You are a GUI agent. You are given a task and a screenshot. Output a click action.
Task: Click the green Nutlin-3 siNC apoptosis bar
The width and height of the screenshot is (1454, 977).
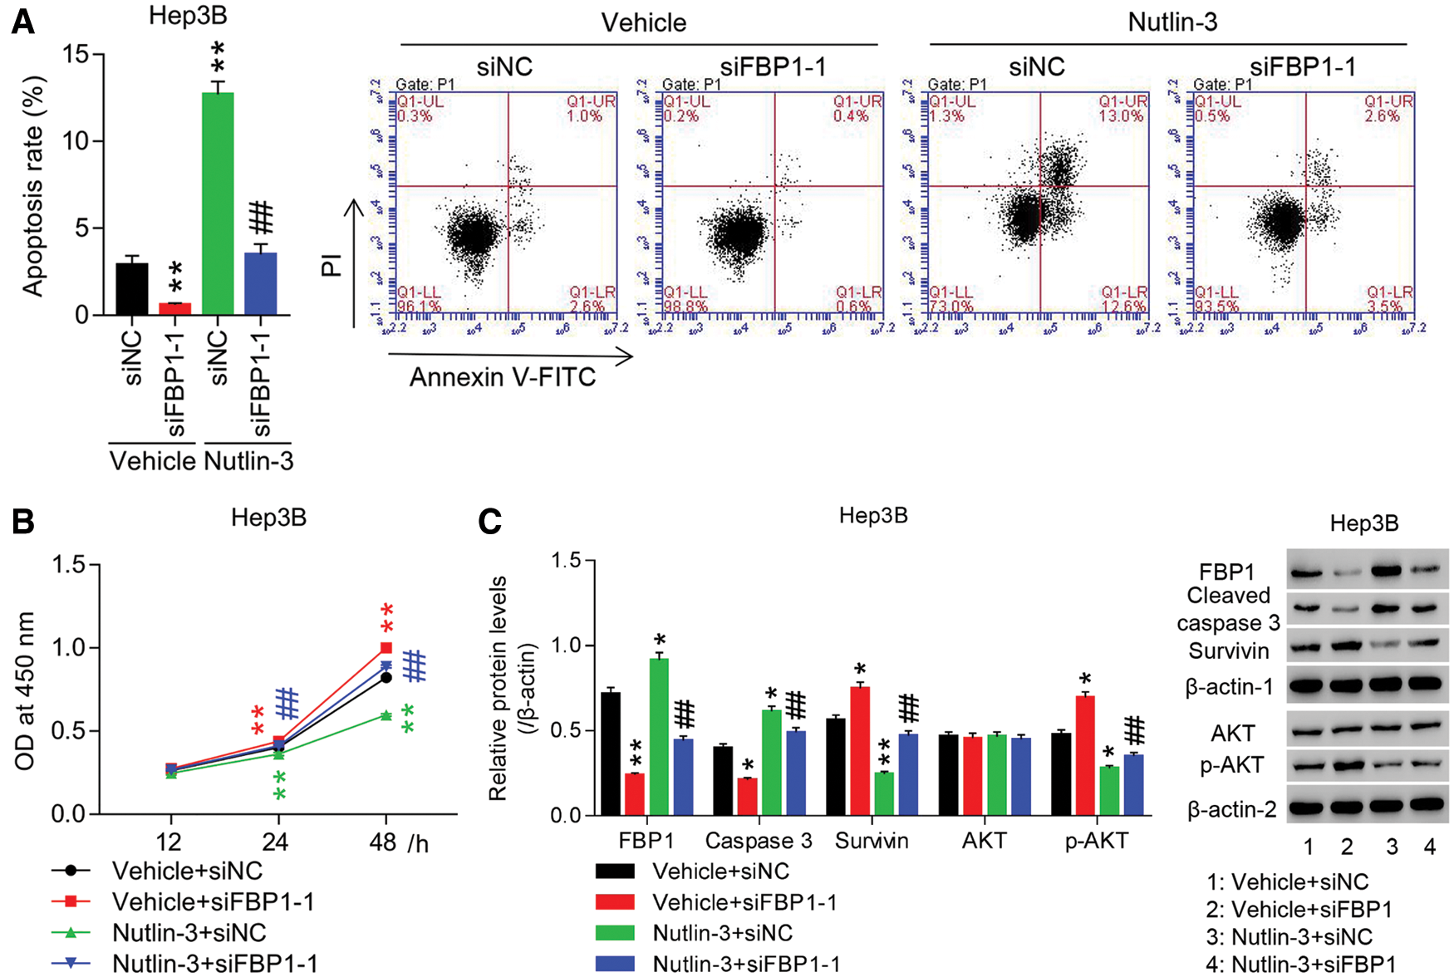[x=218, y=204]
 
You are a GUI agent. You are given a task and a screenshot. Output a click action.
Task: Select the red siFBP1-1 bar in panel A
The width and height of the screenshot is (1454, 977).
[x=175, y=308]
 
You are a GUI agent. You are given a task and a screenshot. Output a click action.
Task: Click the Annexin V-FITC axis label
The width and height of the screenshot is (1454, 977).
[x=503, y=377]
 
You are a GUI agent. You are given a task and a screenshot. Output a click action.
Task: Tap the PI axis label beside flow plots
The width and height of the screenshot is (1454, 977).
[x=332, y=265]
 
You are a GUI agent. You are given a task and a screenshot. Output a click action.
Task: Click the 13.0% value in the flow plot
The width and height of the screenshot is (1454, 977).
[x=1122, y=116]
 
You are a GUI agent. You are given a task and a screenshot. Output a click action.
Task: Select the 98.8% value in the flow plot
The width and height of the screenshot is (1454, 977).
[x=685, y=307]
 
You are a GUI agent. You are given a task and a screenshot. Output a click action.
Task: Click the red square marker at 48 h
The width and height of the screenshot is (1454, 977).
[x=386, y=647]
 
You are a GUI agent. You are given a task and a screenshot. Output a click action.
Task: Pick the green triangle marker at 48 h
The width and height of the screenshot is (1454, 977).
[x=386, y=714]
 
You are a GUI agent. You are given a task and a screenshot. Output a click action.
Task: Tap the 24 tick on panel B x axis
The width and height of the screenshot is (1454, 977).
[x=275, y=842]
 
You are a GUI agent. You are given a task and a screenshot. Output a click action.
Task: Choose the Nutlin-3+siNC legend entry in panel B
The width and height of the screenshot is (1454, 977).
[x=189, y=932]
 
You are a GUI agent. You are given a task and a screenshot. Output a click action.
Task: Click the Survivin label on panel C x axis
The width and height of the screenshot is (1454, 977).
[x=872, y=841]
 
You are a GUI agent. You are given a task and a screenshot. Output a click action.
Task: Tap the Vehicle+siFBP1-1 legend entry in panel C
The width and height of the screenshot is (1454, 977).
[x=744, y=902]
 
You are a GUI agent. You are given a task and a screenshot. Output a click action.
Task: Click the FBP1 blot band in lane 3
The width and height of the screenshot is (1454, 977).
[x=1393, y=570]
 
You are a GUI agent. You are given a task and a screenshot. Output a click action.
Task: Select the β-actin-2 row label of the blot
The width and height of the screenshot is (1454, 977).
[x=1232, y=809]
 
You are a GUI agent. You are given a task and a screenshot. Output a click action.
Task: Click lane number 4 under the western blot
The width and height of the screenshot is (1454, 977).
[x=1430, y=847]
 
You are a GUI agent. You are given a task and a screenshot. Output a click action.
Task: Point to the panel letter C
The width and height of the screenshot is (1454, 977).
[x=490, y=521]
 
